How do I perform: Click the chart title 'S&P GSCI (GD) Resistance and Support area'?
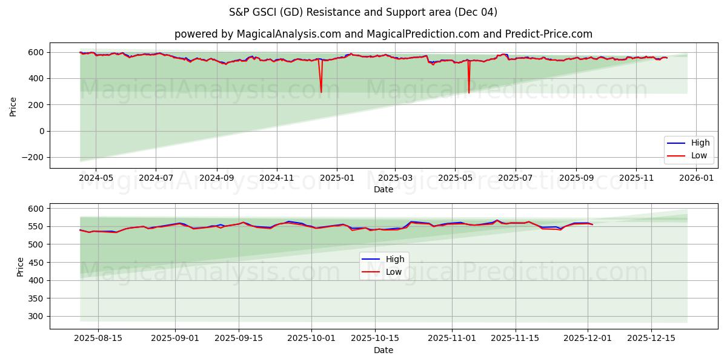pos(363,12)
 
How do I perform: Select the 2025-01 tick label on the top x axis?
pos(336,178)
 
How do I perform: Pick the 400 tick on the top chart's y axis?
pos(37,78)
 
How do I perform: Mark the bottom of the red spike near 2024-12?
pos(321,92)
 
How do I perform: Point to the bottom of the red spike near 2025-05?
pos(468,93)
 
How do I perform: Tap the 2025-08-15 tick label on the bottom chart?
pos(98,339)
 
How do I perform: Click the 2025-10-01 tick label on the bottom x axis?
pos(311,339)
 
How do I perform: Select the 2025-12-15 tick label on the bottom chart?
pos(651,339)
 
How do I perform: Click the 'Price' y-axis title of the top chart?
pos(13,106)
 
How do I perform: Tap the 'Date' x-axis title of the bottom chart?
pos(383,350)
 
